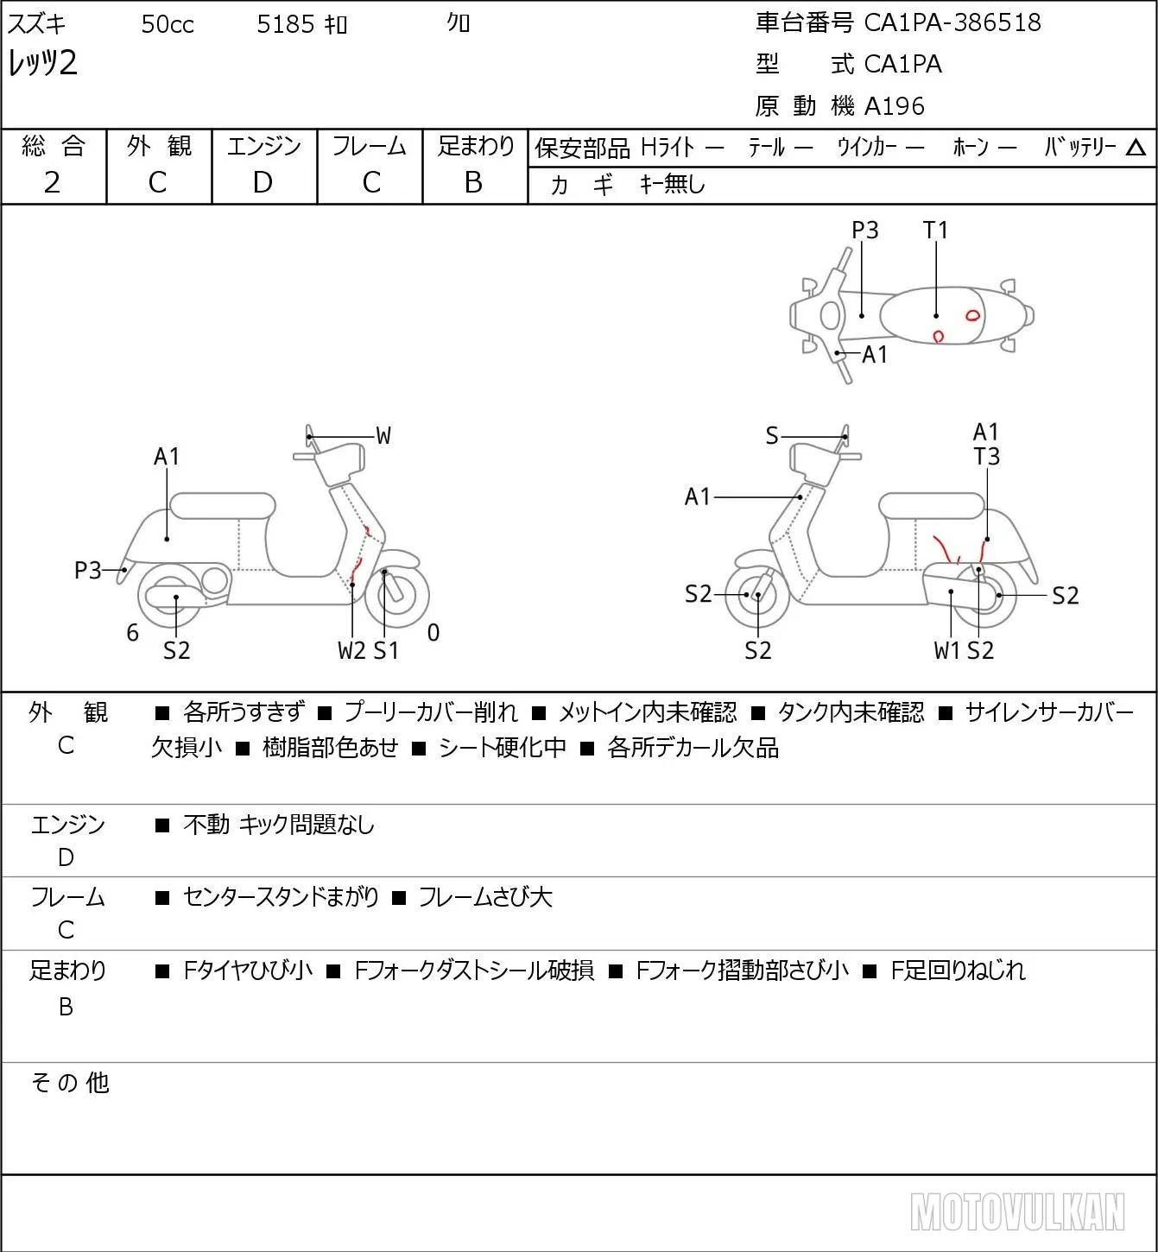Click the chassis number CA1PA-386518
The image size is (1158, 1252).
pos(952,22)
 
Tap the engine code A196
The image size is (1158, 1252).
pos(895,106)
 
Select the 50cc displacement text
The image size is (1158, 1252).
pos(168,24)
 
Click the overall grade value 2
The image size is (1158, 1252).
pos(52,182)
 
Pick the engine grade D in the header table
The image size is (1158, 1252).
pos(263,182)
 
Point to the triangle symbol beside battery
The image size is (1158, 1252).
pos(1136,148)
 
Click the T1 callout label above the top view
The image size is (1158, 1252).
pos(935,230)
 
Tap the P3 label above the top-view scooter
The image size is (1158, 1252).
pos(864,230)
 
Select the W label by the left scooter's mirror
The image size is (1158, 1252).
pos(383,436)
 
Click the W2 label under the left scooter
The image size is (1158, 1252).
pos(351,650)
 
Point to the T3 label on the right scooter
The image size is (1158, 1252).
pos(986,456)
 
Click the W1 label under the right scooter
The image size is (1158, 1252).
pos(946,650)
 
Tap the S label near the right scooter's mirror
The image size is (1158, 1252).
pos(772,436)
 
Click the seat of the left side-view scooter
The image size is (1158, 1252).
pos(223,506)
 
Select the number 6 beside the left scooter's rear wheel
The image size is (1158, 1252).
pos(132,632)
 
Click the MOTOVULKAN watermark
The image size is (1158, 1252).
pos(1017,1211)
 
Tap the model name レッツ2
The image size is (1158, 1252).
pos(42,63)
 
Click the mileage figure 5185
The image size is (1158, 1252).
pos(285,24)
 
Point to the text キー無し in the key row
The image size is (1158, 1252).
pos(673,184)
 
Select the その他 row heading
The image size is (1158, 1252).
pos(70,1083)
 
